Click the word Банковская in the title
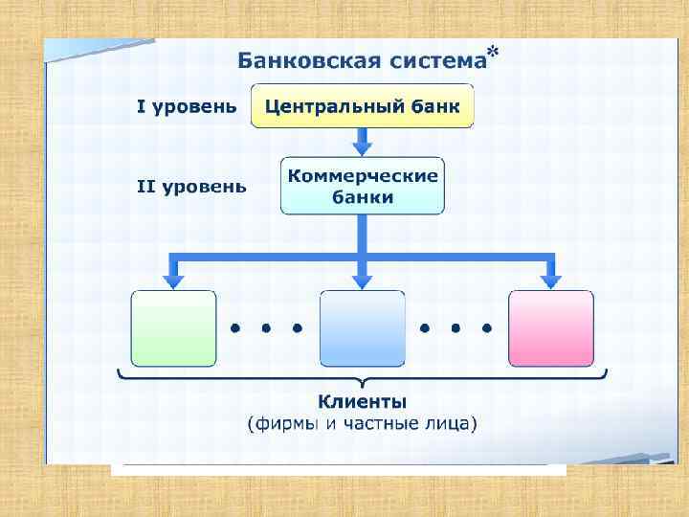[x=293, y=62]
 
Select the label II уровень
[x=191, y=187]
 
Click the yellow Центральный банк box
[x=362, y=105]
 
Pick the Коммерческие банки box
[x=362, y=186]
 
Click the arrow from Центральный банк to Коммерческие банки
[x=362, y=143]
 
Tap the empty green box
[x=173, y=328]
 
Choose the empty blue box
[x=362, y=328]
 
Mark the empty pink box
[x=550, y=328]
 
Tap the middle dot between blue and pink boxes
[x=456, y=327]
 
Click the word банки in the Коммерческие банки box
[x=362, y=198]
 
